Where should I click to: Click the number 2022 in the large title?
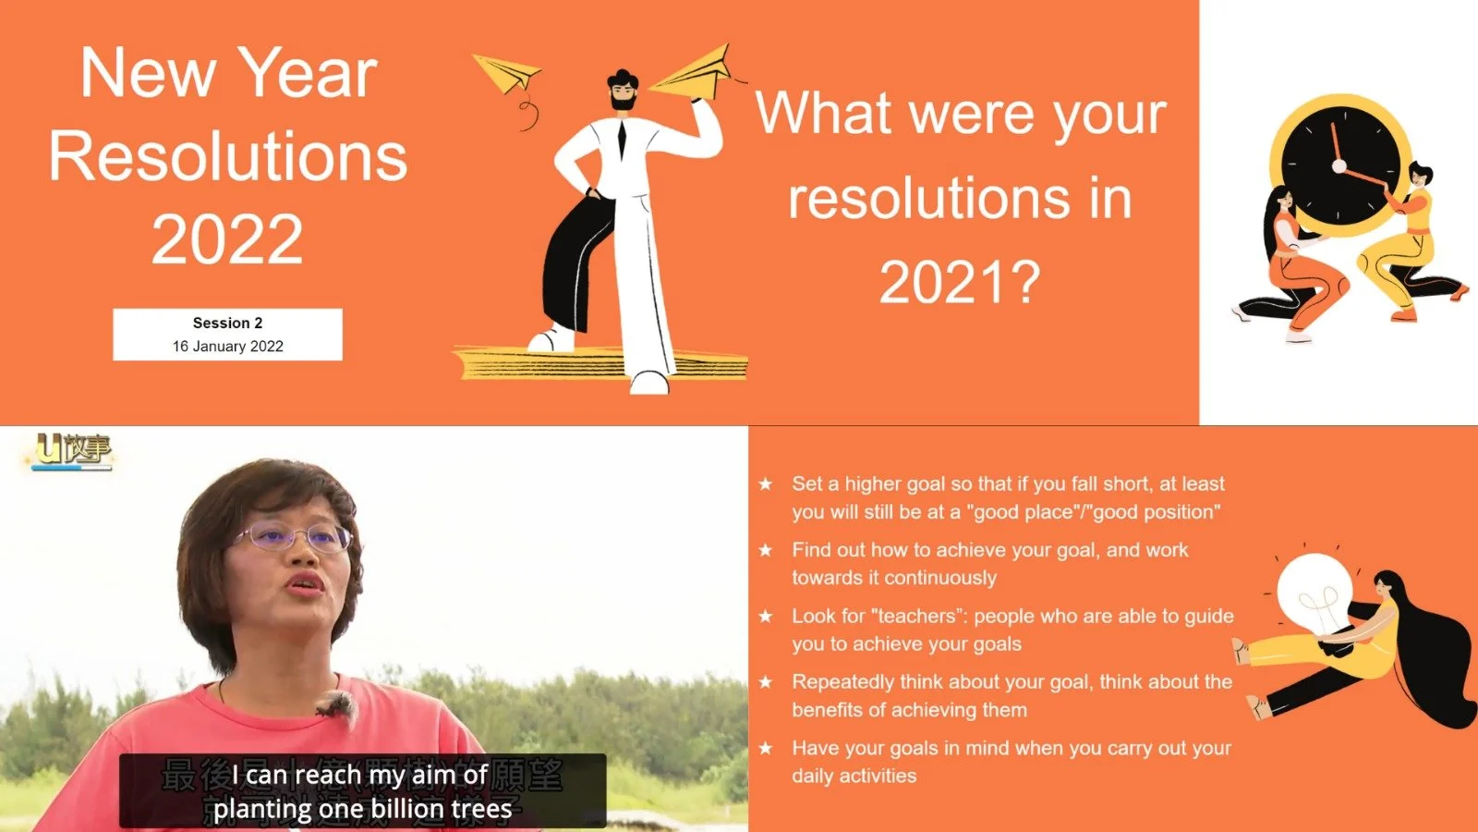point(227,239)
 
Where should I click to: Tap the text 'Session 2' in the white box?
point(227,323)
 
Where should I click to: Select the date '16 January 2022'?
point(227,347)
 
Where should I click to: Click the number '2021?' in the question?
point(960,282)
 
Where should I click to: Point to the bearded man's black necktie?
point(622,139)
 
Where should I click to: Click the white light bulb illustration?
point(1314,592)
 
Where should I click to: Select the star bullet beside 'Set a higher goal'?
point(766,483)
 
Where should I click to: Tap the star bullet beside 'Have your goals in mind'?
point(766,748)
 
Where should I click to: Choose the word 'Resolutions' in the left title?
point(227,156)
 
